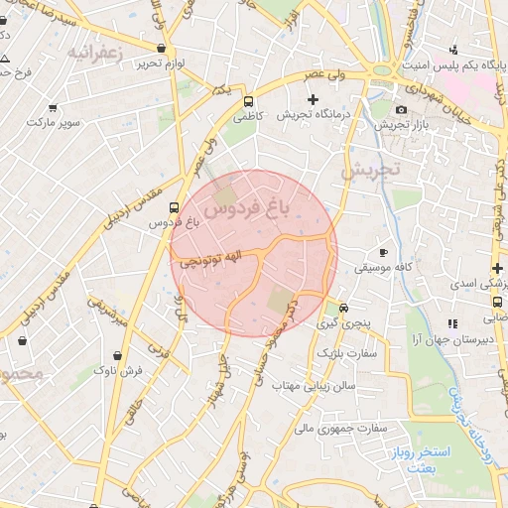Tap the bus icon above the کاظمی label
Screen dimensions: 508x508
click(247, 100)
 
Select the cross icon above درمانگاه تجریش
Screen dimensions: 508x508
click(314, 99)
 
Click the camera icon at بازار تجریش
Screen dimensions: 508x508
click(401, 109)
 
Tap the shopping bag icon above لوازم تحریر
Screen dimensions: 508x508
click(161, 48)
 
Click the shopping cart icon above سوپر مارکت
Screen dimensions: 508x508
click(53, 107)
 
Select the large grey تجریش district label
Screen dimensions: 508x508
click(369, 170)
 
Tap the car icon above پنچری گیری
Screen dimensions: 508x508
click(343, 308)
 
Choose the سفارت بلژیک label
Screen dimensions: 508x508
click(339, 353)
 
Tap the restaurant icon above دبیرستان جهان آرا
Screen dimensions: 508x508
click(452, 322)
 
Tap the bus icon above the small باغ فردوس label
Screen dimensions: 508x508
click(175, 208)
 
